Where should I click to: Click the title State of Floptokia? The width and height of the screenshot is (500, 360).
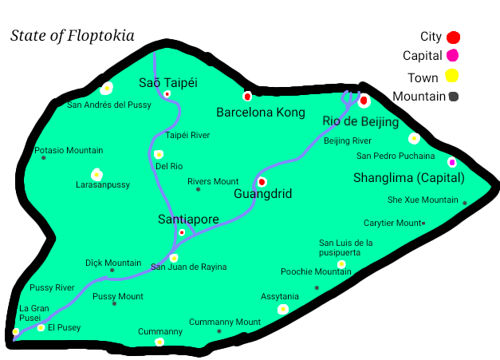point(72,36)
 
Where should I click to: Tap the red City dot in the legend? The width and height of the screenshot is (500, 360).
point(453,37)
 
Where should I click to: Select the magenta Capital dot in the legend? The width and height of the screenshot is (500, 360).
point(452,55)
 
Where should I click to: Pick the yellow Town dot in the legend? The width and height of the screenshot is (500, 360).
point(451,77)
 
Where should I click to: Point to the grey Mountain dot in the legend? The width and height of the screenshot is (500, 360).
point(453,97)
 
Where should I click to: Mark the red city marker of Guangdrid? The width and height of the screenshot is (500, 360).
point(262,182)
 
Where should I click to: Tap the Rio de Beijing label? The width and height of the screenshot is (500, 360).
point(360,122)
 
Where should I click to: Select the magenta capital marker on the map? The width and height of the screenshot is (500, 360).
point(452,162)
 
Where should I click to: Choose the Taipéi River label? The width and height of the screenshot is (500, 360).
point(187,135)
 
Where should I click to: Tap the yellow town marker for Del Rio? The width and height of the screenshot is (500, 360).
point(159,154)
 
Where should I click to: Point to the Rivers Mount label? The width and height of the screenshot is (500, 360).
point(213,181)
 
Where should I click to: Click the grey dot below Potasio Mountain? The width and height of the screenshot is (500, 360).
point(44,158)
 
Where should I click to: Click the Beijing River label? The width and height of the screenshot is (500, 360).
point(348,140)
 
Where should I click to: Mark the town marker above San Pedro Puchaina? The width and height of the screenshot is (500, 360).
point(414,138)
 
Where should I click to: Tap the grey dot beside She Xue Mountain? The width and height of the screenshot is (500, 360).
point(465,203)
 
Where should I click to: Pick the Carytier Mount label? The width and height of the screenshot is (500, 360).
point(392,223)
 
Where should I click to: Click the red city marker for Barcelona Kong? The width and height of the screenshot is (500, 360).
point(247,97)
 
